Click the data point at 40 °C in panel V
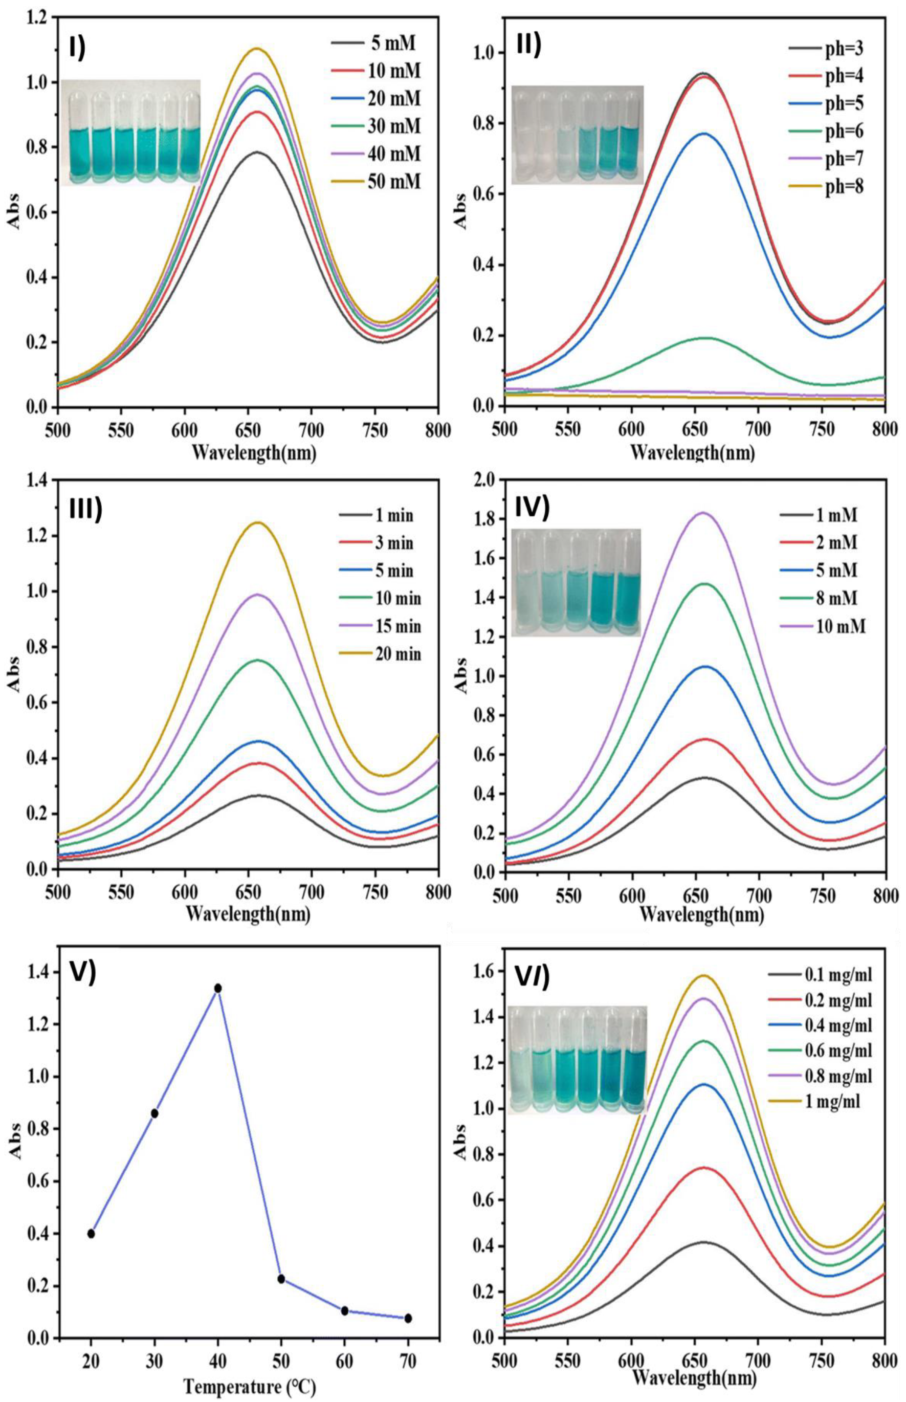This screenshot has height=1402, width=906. click(218, 1004)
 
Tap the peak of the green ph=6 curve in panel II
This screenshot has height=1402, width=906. click(706, 338)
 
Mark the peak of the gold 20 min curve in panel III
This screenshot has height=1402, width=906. click(258, 522)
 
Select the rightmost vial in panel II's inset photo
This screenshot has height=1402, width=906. click(630, 135)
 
